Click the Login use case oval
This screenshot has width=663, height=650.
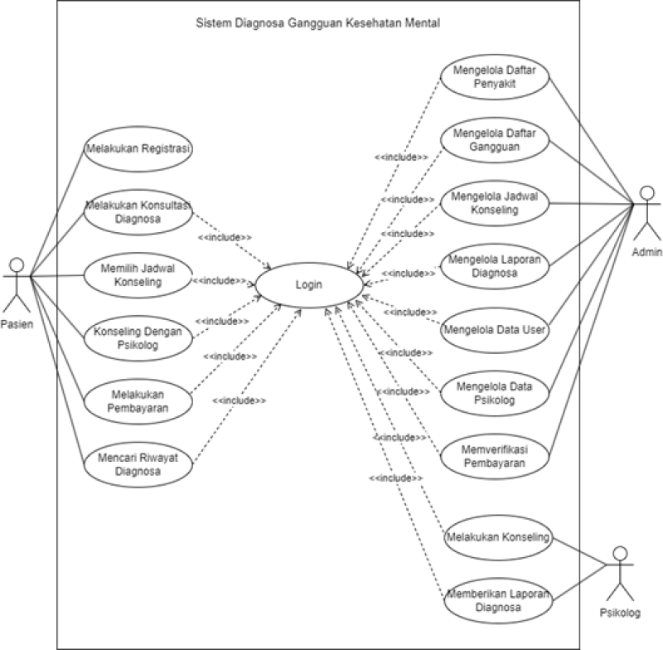[x=309, y=285]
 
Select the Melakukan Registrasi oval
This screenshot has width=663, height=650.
[x=138, y=150]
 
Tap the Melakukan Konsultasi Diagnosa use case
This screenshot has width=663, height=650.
[x=138, y=213]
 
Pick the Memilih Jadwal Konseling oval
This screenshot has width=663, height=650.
[x=138, y=275]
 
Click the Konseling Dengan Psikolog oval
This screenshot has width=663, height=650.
[x=138, y=337]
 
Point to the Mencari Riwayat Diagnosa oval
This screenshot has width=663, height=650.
[x=138, y=462]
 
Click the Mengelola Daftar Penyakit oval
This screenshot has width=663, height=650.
[x=495, y=77]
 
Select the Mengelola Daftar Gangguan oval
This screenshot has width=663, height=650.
[x=495, y=139]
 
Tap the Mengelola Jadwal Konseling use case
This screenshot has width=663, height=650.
[x=495, y=203]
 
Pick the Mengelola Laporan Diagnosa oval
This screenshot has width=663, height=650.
[x=495, y=265]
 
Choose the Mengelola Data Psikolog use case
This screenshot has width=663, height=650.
[x=495, y=392]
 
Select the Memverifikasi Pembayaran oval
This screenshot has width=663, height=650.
[x=495, y=456]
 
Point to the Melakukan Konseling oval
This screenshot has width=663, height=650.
[x=497, y=537]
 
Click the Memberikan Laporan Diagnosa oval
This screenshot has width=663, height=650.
[x=496, y=600]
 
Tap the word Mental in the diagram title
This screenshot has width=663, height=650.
[x=419, y=23]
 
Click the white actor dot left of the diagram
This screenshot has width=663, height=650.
[x=16, y=265]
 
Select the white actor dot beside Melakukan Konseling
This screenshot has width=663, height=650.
[x=619, y=553]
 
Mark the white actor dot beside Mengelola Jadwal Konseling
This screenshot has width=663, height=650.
[x=647, y=193]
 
